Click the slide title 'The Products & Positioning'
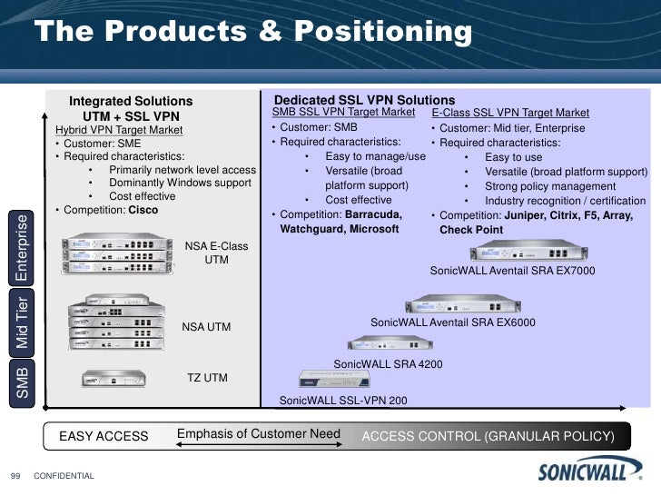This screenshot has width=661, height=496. tap(254, 34)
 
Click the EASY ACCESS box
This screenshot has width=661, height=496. tap(104, 437)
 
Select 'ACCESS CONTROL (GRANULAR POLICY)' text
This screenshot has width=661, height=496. tap(488, 437)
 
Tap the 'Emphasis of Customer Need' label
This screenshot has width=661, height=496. tap(258, 434)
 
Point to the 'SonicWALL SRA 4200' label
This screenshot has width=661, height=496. tap(378, 364)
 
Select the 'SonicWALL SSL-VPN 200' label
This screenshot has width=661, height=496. tap(343, 400)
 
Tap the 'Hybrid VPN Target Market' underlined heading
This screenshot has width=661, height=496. tap(119, 130)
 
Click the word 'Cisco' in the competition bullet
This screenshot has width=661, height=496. tap(143, 210)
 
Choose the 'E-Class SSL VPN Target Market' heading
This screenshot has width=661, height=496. tap(510, 113)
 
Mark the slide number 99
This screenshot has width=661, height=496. tap(15, 474)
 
